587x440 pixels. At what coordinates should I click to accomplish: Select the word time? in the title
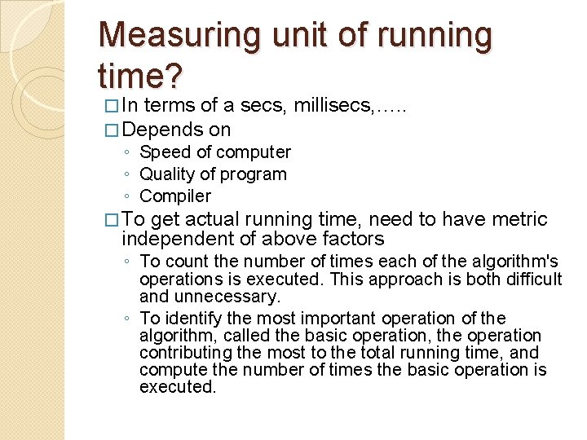(x=140, y=77)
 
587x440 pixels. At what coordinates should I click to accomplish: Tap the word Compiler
(x=174, y=196)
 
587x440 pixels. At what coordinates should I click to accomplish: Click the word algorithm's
(x=513, y=262)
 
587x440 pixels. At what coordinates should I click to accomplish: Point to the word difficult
(x=532, y=279)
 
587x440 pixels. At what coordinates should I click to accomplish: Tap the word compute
(x=170, y=370)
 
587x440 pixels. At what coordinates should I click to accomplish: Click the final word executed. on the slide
(x=177, y=387)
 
